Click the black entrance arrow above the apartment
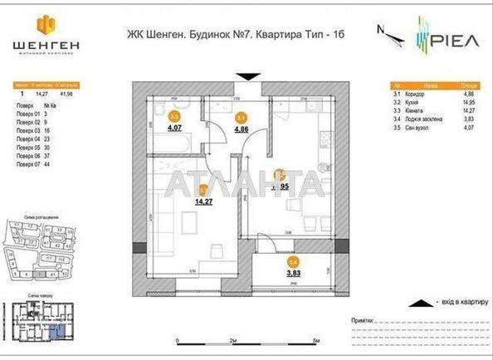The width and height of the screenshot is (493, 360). tap(247, 77)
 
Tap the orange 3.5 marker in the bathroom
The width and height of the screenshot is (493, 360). tap(174, 117)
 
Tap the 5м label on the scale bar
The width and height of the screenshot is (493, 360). tap(316, 342)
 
